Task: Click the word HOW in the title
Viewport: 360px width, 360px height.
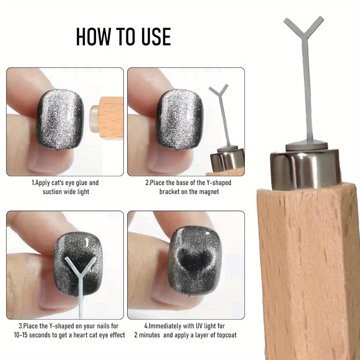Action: pos(93,36)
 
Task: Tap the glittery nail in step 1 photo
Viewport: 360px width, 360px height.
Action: pos(60,120)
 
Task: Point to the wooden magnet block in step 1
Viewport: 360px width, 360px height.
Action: pos(111,118)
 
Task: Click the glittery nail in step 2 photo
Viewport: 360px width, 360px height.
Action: pos(180,120)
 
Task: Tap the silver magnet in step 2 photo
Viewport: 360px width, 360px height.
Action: pos(227,160)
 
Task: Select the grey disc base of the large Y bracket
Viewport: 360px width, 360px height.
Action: pos(306,146)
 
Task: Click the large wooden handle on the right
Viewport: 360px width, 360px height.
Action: pos(308,271)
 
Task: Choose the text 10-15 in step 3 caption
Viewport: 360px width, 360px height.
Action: pos(21,335)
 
